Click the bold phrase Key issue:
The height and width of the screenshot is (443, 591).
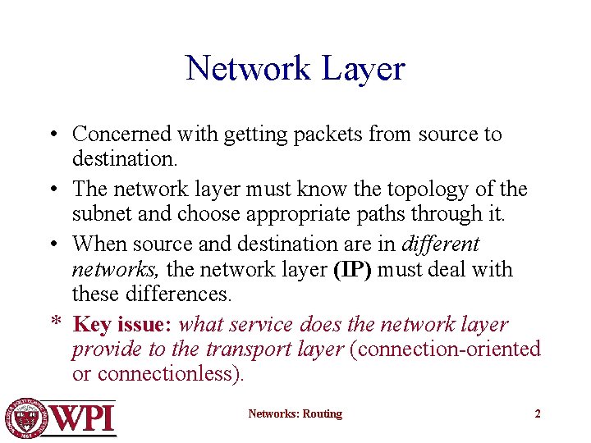[122, 324]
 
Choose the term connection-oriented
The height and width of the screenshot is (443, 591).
[446, 349]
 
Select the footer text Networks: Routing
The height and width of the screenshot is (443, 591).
[295, 414]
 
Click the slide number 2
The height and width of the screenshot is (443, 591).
[538, 414]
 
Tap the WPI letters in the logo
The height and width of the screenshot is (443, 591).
[84, 418]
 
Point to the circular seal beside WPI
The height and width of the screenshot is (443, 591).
[27, 418]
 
